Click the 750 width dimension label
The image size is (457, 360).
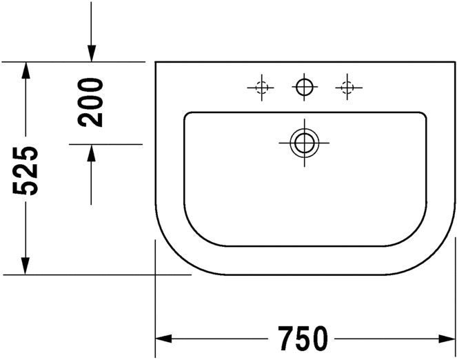(x=303, y=339)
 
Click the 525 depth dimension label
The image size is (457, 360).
(x=26, y=170)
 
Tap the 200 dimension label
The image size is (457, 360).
(x=90, y=102)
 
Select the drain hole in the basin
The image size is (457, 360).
(x=304, y=143)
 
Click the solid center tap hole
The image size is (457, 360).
(x=304, y=87)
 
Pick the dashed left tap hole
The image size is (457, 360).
(x=261, y=88)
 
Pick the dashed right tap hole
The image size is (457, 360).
(x=347, y=87)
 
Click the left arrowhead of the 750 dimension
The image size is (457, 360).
(x=163, y=339)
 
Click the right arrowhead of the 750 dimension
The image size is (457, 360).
(x=447, y=339)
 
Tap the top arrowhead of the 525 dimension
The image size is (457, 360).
(x=26, y=70)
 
